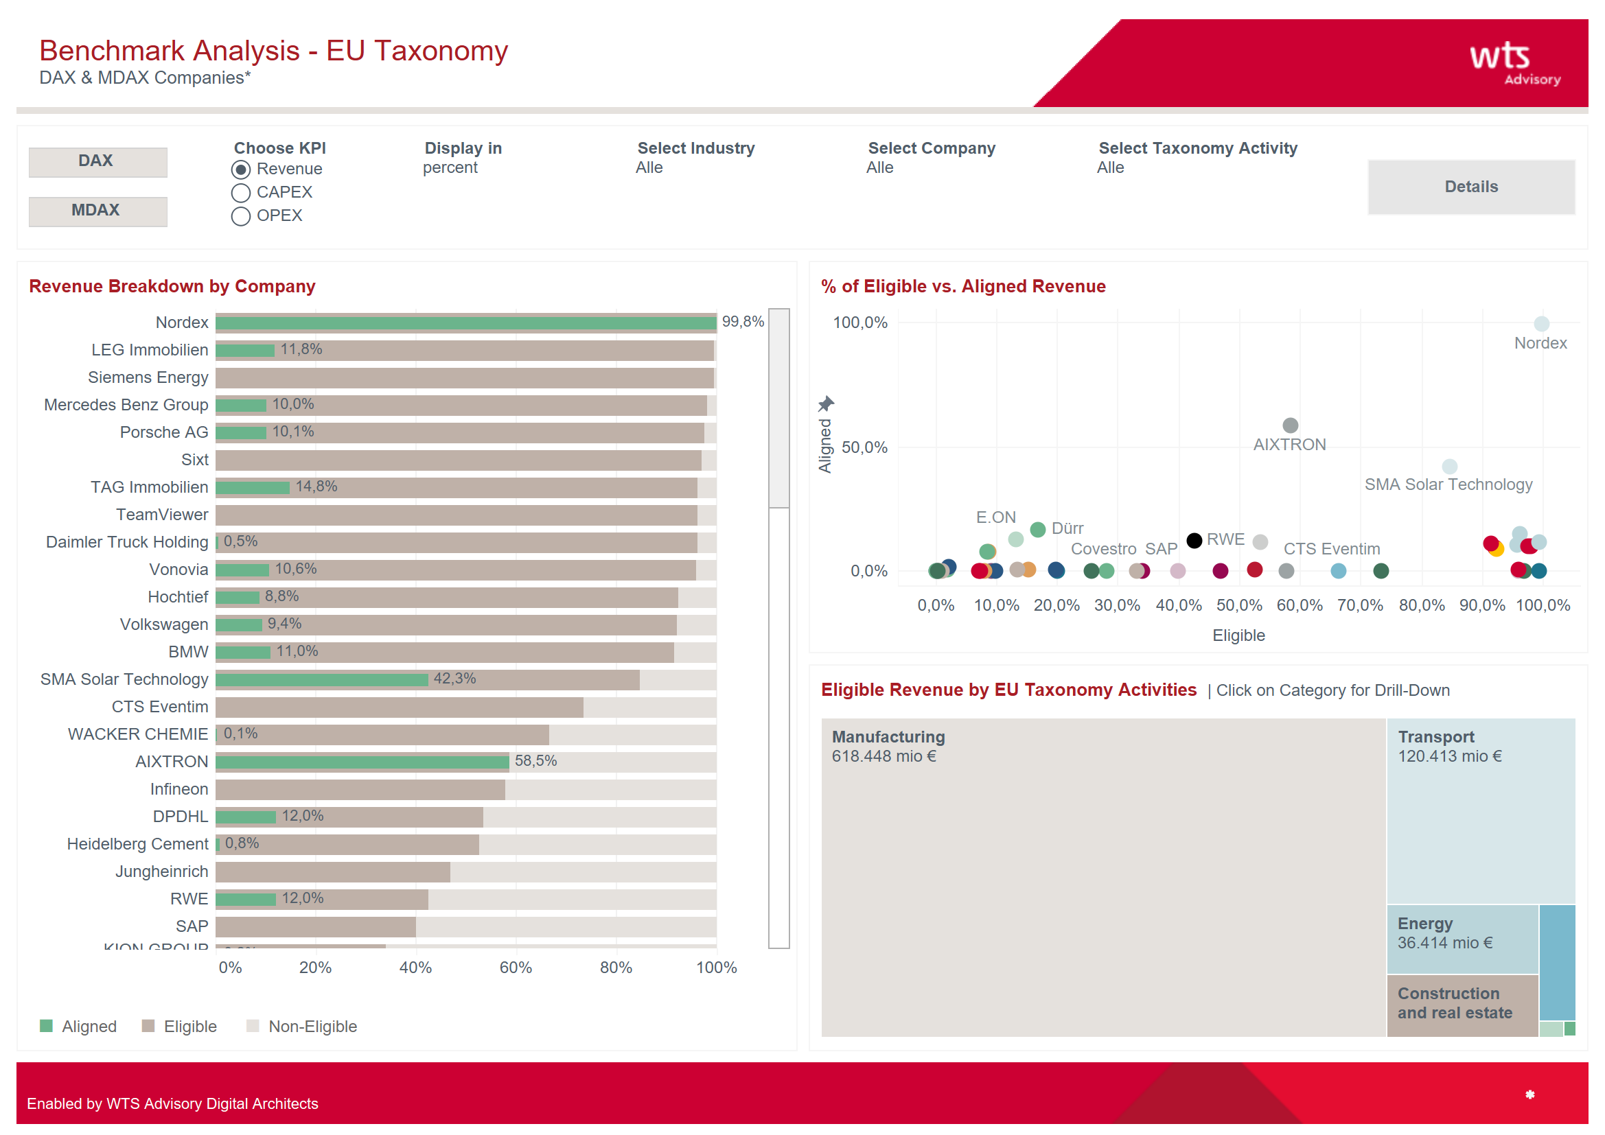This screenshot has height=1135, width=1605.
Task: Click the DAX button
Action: [x=97, y=161]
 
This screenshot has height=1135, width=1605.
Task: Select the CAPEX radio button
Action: [x=240, y=193]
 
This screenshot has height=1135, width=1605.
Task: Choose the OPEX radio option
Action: [x=240, y=216]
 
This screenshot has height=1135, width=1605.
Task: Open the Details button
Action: [x=1470, y=187]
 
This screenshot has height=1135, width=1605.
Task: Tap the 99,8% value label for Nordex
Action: [x=742, y=321]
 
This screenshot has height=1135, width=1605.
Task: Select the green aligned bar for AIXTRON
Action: [x=362, y=761]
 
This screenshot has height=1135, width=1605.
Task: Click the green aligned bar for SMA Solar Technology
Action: [x=321, y=679]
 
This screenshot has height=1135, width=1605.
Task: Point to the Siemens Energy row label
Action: [x=148, y=377]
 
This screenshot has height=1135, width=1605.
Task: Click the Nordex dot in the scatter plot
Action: [x=1540, y=324]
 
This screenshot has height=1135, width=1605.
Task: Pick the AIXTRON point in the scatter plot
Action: [x=1290, y=425]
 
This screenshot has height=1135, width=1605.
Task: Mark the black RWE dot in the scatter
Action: [x=1194, y=540]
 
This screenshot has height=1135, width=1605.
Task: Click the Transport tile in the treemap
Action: [x=1480, y=810]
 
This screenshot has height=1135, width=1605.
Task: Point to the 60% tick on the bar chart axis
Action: [x=516, y=968]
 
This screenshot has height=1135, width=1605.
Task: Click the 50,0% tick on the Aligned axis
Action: [x=864, y=447]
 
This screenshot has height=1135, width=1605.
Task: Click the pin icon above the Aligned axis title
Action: [x=826, y=403]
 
